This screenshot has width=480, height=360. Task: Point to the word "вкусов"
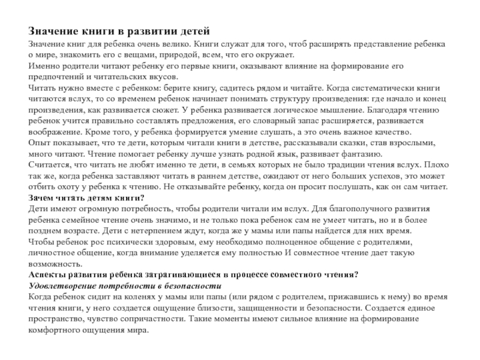coord(163,77)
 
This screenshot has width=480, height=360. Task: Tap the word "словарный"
coord(284,121)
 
